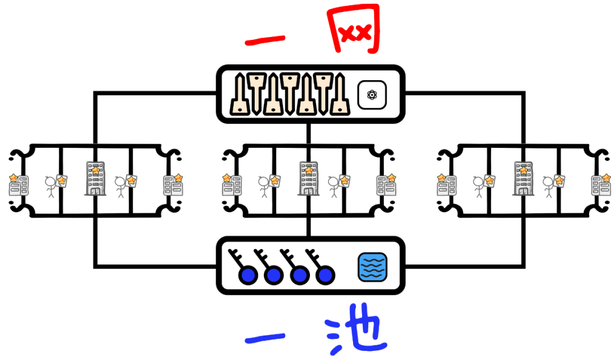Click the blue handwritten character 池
(x=356, y=334)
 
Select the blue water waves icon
(x=372, y=267)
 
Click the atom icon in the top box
(x=372, y=95)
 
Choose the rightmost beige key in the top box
(x=337, y=94)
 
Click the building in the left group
(x=94, y=179)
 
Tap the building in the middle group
(x=308, y=179)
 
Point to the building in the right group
(x=522, y=179)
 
